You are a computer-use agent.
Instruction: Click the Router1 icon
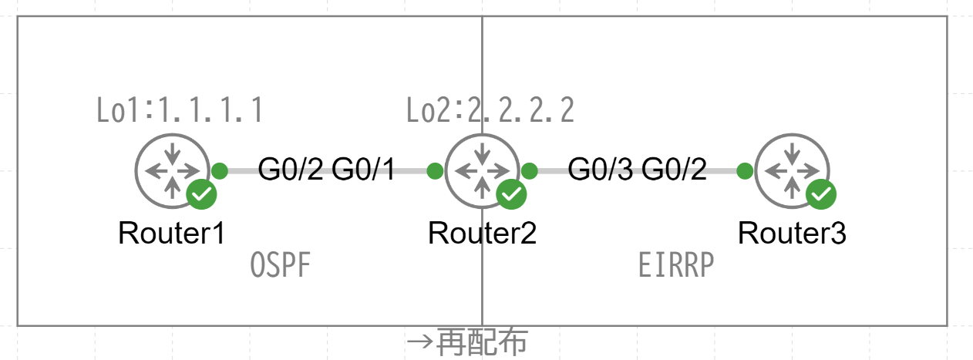[x=171, y=170]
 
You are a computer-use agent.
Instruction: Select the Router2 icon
[x=482, y=170]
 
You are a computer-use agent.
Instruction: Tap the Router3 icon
[x=792, y=170]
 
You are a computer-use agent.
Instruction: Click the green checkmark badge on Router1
[x=201, y=195]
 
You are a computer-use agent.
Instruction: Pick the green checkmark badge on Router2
[x=511, y=195]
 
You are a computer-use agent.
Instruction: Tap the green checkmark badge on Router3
[x=821, y=195]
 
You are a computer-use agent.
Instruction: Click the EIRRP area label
[x=677, y=267]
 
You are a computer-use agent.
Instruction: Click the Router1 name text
[x=171, y=232]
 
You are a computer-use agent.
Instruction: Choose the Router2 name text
[x=482, y=232]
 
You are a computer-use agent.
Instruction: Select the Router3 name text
[x=792, y=232]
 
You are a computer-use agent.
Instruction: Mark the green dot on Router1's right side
[x=220, y=170]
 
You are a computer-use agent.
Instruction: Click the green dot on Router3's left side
[x=745, y=170]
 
